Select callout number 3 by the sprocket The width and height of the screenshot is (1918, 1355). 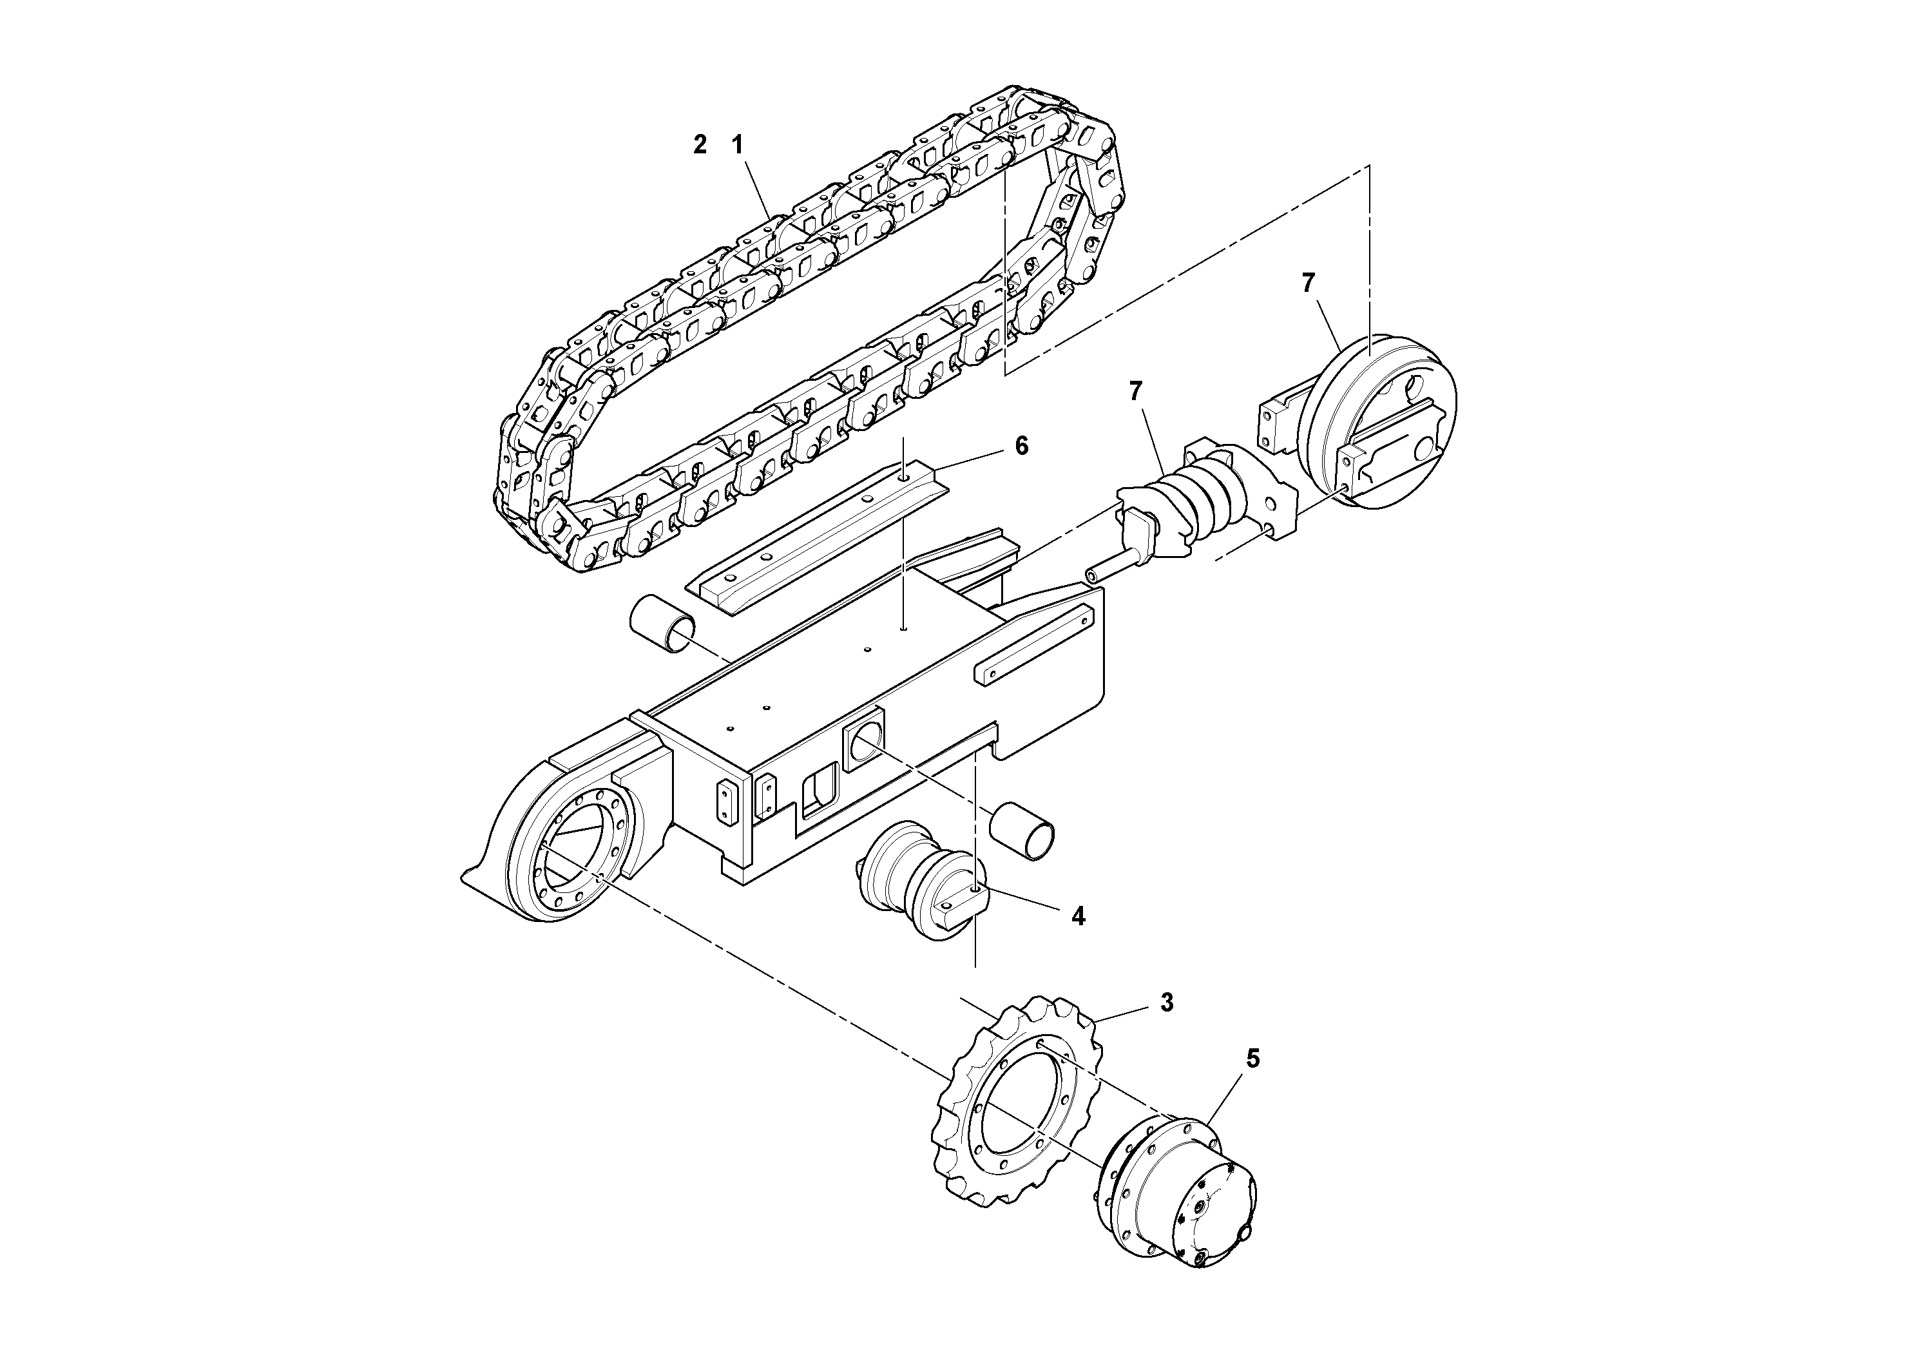point(1167,1003)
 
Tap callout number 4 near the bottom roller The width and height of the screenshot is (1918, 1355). point(1079,916)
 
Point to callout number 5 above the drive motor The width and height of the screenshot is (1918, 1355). point(1252,1059)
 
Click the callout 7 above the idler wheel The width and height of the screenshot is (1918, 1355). point(1308,283)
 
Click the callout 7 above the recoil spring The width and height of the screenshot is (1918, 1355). point(1135,391)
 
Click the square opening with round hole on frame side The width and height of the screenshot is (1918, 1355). point(865,742)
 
